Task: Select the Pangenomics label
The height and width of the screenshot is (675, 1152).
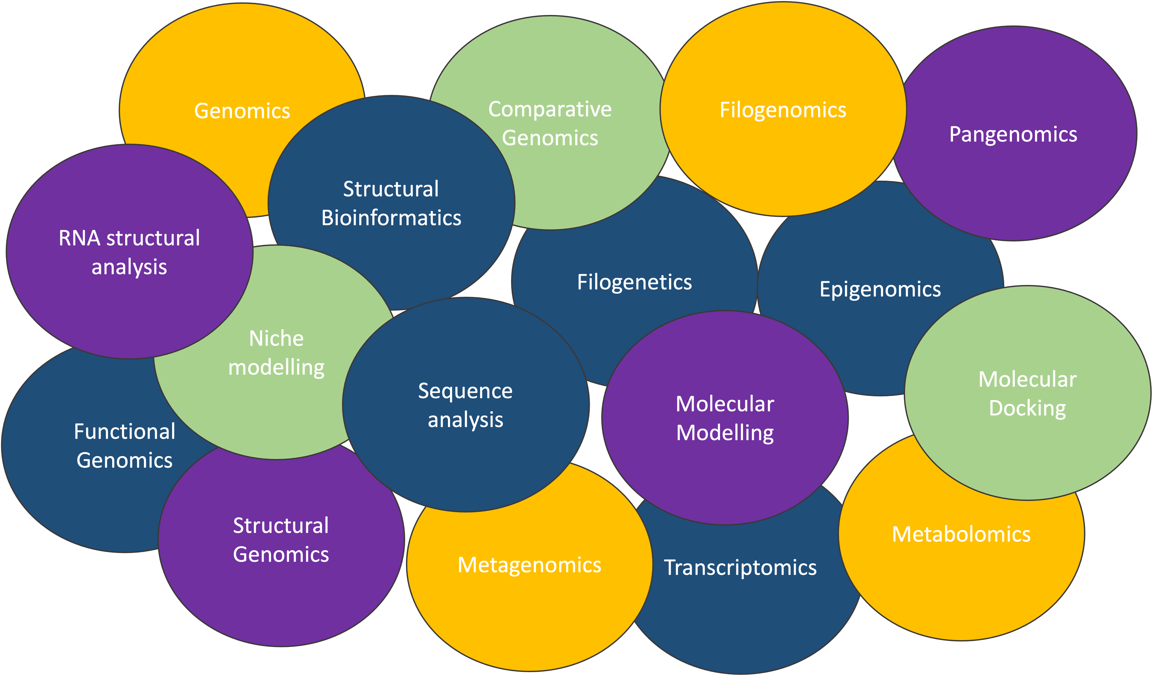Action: pyautogui.click(x=1013, y=134)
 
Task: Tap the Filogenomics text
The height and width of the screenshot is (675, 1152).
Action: pyautogui.click(x=783, y=110)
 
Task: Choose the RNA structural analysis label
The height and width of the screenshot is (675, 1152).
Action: pyautogui.click(x=129, y=252)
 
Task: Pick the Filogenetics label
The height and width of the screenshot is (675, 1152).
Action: pyautogui.click(x=634, y=282)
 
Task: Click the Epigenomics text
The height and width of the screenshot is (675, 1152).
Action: pyautogui.click(x=880, y=289)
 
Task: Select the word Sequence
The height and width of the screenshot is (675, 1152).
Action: pyautogui.click(x=465, y=391)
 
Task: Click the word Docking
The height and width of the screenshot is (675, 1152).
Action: pyautogui.click(x=1027, y=408)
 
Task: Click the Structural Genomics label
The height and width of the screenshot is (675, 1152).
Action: pyautogui.click(x=281, y=540)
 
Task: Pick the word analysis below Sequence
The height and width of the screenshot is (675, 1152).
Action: pyautogui.click(x=465, y=420)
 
